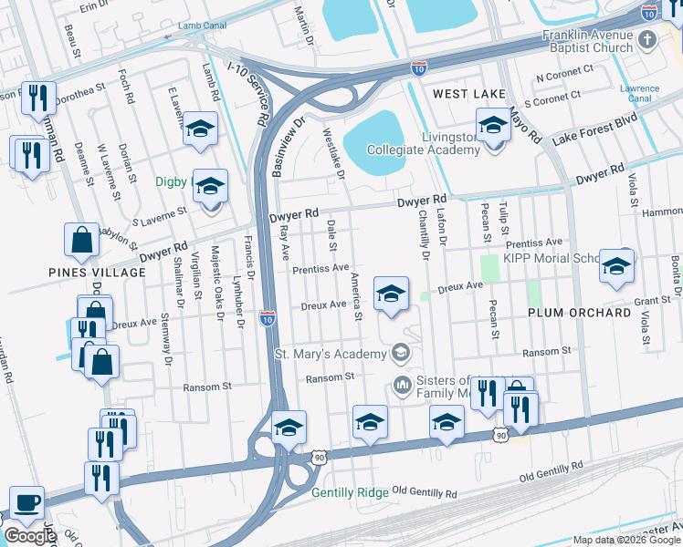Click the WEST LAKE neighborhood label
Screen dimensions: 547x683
[x=468, y=94]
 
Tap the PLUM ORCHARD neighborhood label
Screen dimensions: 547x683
[x=579, y=313]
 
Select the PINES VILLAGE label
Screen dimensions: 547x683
[x=98, y=273]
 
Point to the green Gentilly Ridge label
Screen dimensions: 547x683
[x=350, y=492]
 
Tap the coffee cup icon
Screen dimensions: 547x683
[x=26, y=502]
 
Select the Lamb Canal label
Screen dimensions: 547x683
[x=203, y=26]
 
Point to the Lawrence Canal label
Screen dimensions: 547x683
[x=639, y=93]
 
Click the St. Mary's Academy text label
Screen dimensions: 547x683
[x=330, y=353]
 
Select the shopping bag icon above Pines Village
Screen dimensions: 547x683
[x=82, y=240]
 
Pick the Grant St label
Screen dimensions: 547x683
[x=652, y=300]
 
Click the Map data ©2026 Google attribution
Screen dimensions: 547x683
[x=625, y=540]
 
